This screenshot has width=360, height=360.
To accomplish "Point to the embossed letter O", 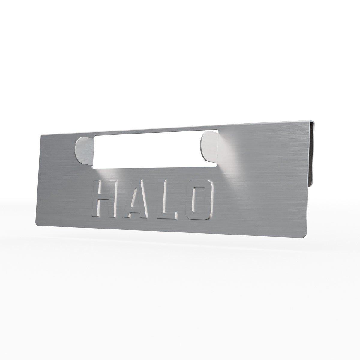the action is click(x=199, y=200).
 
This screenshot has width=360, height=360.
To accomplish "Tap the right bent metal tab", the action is click(x=209, y=147).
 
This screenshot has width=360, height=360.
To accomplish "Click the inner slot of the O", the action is click(x=199, y=200).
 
